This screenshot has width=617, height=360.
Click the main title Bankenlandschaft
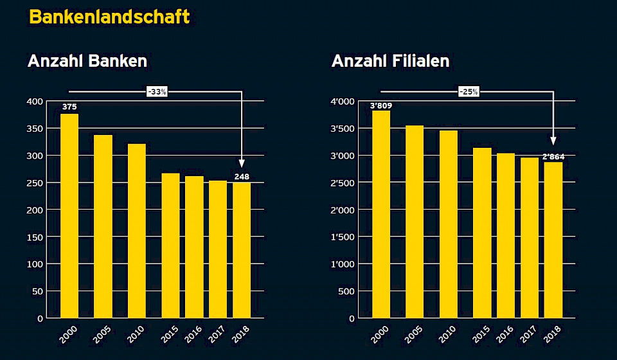[109, 17]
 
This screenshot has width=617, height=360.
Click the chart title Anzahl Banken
[87, 61]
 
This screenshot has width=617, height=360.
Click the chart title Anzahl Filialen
[390, 61]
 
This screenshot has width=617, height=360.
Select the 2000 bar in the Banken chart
[69, 215]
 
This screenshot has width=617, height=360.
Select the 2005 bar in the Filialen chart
[415, 221]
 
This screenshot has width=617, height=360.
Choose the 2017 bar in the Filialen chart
[530, 237]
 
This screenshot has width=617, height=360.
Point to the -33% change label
[157, 92]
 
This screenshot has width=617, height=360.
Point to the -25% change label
[469, 92]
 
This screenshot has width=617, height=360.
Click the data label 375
[69, 106]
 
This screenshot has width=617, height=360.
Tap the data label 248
[242, 176]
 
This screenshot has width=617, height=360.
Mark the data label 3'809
[381, 106]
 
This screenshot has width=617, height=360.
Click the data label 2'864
[553, 156]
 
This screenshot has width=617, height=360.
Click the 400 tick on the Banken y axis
[35, 102]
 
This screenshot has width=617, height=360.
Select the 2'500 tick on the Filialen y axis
[342, 183]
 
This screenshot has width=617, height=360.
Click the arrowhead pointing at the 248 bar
[242, 163]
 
